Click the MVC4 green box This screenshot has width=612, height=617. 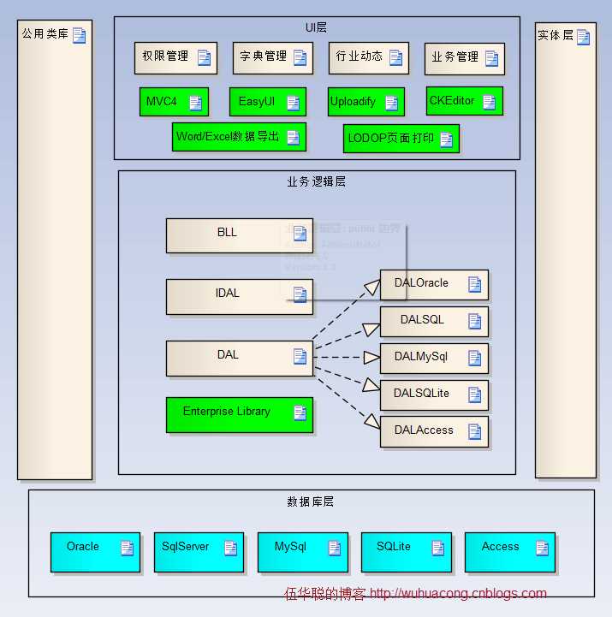pos(174,102)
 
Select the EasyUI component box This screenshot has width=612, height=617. pos(267,102)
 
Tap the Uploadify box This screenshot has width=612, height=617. pos(365,102)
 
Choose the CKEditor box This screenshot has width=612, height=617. pos(464,101)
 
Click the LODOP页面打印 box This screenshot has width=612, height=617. pos(401,138)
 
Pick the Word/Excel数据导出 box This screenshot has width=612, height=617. pos(238,137)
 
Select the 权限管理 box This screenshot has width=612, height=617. pos(175,57)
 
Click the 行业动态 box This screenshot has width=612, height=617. pos(367,57)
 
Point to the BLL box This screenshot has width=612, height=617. pos(227,235)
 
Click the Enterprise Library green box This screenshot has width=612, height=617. pos(239,414)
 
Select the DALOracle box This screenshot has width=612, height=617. pos(434,285)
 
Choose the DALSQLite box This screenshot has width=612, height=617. pos(434,395)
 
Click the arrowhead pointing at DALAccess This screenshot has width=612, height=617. pos(372,422)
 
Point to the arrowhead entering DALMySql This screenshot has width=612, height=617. pos(371,356)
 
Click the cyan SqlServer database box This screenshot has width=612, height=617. pos(198,552)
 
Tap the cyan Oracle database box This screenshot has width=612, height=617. pos(94,552)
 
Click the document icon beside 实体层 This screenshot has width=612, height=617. pos(583,37)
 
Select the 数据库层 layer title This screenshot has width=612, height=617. pos(310,501)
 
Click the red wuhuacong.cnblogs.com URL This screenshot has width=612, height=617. pos(458,593)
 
